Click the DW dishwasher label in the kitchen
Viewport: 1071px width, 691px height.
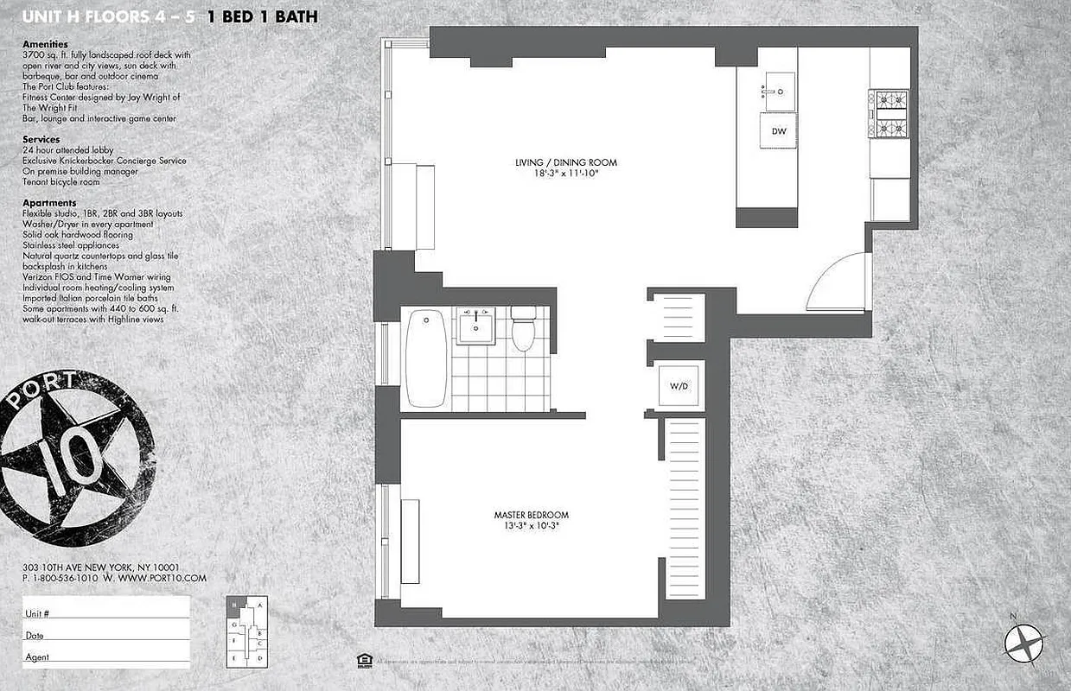click(x=778, y=131)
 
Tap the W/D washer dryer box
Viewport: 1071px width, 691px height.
click(x=679, y=385)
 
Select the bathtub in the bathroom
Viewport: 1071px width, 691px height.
click(x=426, y=358)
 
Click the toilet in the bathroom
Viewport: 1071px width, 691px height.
click(x=523, y=329)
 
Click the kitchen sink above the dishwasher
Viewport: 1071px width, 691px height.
click(x=778, y=92)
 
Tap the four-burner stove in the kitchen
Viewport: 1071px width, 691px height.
click(x=889, y=114)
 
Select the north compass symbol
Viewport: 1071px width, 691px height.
click(x=1025, y=642)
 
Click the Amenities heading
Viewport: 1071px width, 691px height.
click(x=45, y=44)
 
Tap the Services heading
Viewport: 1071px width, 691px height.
click(x=41, y=139)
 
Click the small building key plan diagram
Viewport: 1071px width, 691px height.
click(x=247, y=631)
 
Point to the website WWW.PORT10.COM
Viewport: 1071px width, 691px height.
click(x=163, y=578)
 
